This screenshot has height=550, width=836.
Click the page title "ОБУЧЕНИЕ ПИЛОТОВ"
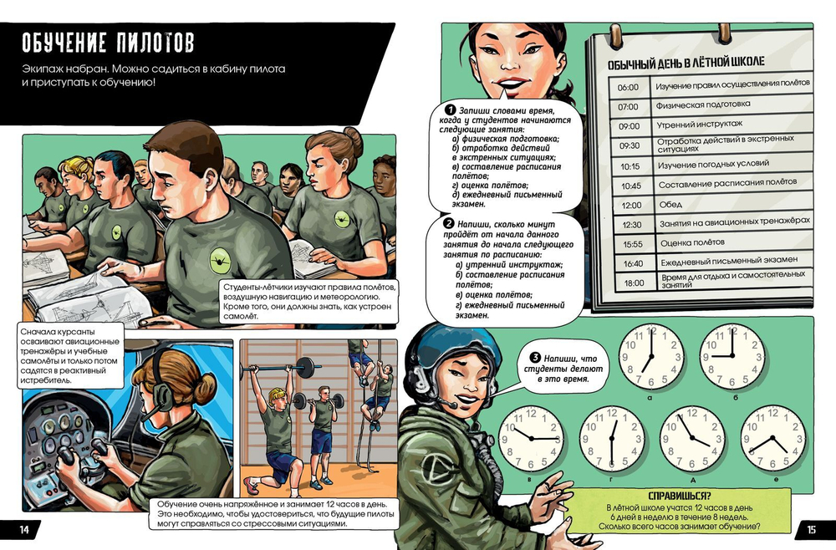(108, 43)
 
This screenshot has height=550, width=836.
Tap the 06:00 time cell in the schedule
(628, 88)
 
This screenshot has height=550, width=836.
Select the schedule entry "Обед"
(670, 204)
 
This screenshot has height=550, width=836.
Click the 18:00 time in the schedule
(634, 283)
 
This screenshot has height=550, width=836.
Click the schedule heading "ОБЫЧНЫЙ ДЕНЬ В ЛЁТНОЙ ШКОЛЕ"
(686, 63)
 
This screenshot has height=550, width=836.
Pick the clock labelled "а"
(651, 355)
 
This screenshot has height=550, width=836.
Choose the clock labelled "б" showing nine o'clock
(732, 355)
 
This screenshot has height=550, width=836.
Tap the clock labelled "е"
(773, 438)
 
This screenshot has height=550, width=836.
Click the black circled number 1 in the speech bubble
(451, 109)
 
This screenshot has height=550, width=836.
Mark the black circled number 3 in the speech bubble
(535, 358)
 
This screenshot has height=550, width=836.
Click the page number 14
(24, 530)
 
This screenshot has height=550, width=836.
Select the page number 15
(811, 530)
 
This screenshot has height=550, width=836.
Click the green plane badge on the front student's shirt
(220, 261)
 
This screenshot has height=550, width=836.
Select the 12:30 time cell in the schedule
(631, 225)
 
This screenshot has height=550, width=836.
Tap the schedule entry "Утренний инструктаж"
(700, 125)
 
